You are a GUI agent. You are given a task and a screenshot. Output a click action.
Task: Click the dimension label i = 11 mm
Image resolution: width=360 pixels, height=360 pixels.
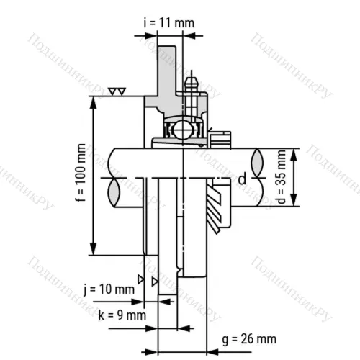(x=169, y=23)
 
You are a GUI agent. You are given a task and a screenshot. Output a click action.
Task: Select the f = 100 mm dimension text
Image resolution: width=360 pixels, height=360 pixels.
(x=81, y=173)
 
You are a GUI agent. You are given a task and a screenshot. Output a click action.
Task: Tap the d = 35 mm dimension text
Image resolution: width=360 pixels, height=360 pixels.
(x=281, y=177)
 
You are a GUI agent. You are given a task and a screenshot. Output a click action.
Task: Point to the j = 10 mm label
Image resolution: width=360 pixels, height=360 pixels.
(x=109, y=289)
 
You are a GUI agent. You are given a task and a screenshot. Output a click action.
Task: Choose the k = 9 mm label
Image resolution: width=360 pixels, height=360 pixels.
(x=122, y=315)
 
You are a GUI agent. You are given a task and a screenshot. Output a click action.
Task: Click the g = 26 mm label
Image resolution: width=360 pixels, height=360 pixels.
(x=249, y=339)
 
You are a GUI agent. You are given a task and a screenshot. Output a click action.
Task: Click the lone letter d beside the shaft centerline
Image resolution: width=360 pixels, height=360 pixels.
(x=243, y=179)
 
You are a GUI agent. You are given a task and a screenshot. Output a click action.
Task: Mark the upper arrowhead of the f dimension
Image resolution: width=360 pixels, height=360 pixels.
(x=94, y=103)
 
